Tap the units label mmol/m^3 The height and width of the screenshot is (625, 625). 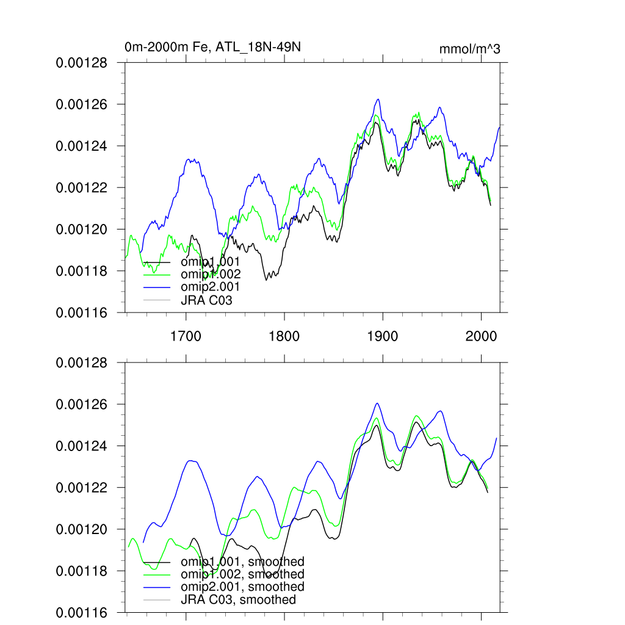[x=469, y=49]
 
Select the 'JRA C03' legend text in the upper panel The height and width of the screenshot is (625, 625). [x=206, y=300]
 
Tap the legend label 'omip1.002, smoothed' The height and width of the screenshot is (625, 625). [x=242, y=574]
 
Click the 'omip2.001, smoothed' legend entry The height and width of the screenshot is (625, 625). [x=242, y=587]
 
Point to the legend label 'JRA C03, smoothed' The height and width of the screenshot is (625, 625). [x=238, y=600]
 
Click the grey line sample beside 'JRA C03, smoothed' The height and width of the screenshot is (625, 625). [x=156, y=600]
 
